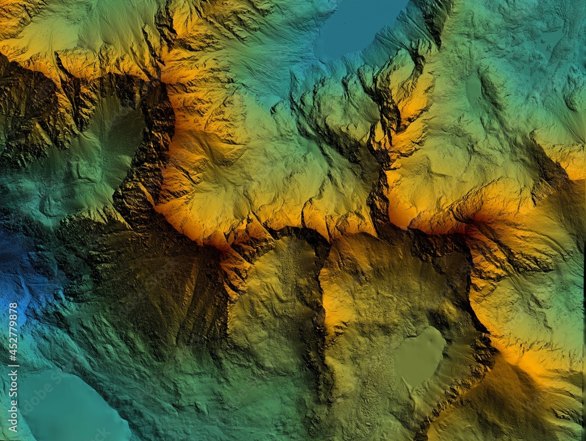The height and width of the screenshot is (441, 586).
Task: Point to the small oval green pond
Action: (x=473, y=88)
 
